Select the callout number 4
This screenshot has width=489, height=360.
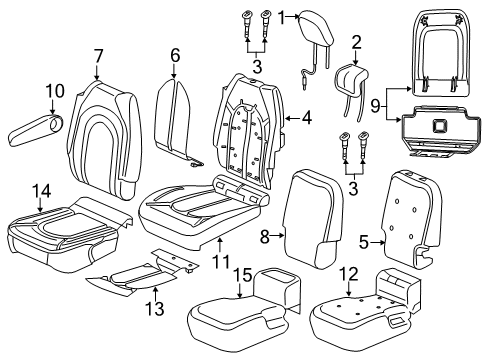306,118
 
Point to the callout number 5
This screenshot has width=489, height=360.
366,241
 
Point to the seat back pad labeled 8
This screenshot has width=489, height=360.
313,215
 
